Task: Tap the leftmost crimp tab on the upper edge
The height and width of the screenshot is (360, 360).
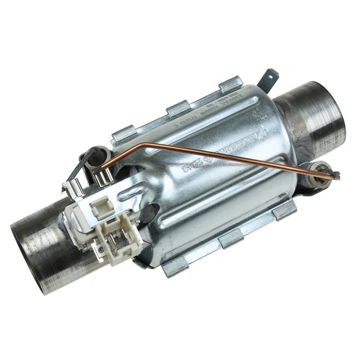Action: click(122, 134)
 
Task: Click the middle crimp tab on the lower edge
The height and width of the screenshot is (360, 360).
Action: click(231, 237)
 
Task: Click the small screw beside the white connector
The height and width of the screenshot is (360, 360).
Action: click(102, 250)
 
